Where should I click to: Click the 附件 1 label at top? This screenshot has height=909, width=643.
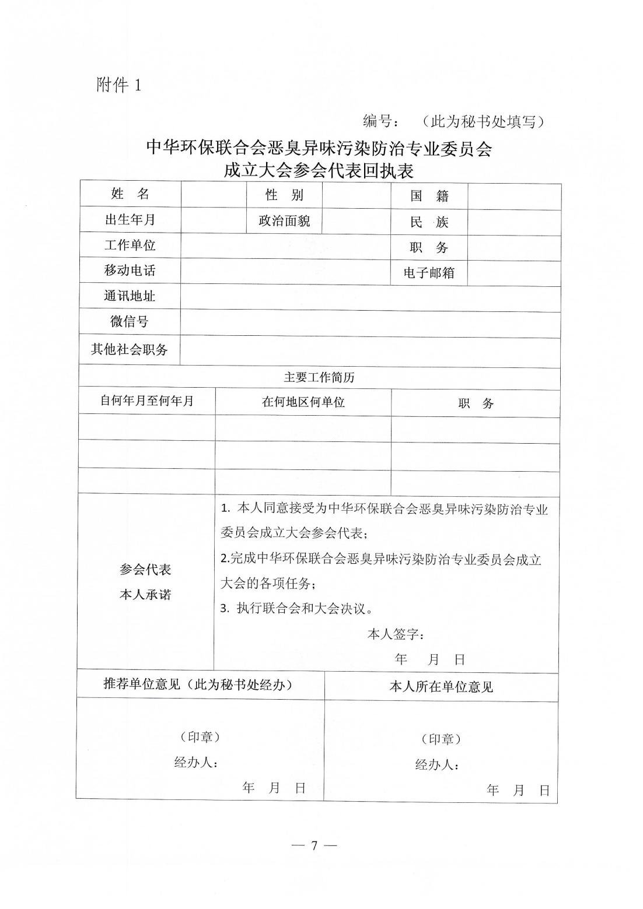point(118,86)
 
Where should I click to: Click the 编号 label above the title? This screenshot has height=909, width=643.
point(380,121)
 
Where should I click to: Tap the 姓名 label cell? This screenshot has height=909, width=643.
point(130,194)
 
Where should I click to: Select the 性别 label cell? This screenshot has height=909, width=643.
point(285,195)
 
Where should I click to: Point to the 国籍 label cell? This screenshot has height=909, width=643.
point(429,196)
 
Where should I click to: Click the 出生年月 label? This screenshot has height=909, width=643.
point(130,220)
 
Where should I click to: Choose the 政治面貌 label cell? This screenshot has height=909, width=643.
point(285,221)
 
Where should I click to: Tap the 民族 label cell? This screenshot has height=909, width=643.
point(429,222)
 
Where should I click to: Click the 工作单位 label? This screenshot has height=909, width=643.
point(130,245)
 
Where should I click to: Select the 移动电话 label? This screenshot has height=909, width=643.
point(130,271)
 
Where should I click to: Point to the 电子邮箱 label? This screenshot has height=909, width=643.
point(429,273)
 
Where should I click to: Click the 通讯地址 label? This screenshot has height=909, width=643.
point(130,296)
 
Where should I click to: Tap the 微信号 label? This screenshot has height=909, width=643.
point(130,321)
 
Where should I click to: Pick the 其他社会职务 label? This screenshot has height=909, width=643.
point(130,349)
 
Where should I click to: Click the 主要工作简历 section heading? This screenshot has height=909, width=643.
point(319,377)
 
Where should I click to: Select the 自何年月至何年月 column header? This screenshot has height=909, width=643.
point(147,401)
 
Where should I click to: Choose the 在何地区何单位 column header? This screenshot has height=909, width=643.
point(303,402)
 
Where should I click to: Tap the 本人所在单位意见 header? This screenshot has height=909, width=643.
point(441,687)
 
